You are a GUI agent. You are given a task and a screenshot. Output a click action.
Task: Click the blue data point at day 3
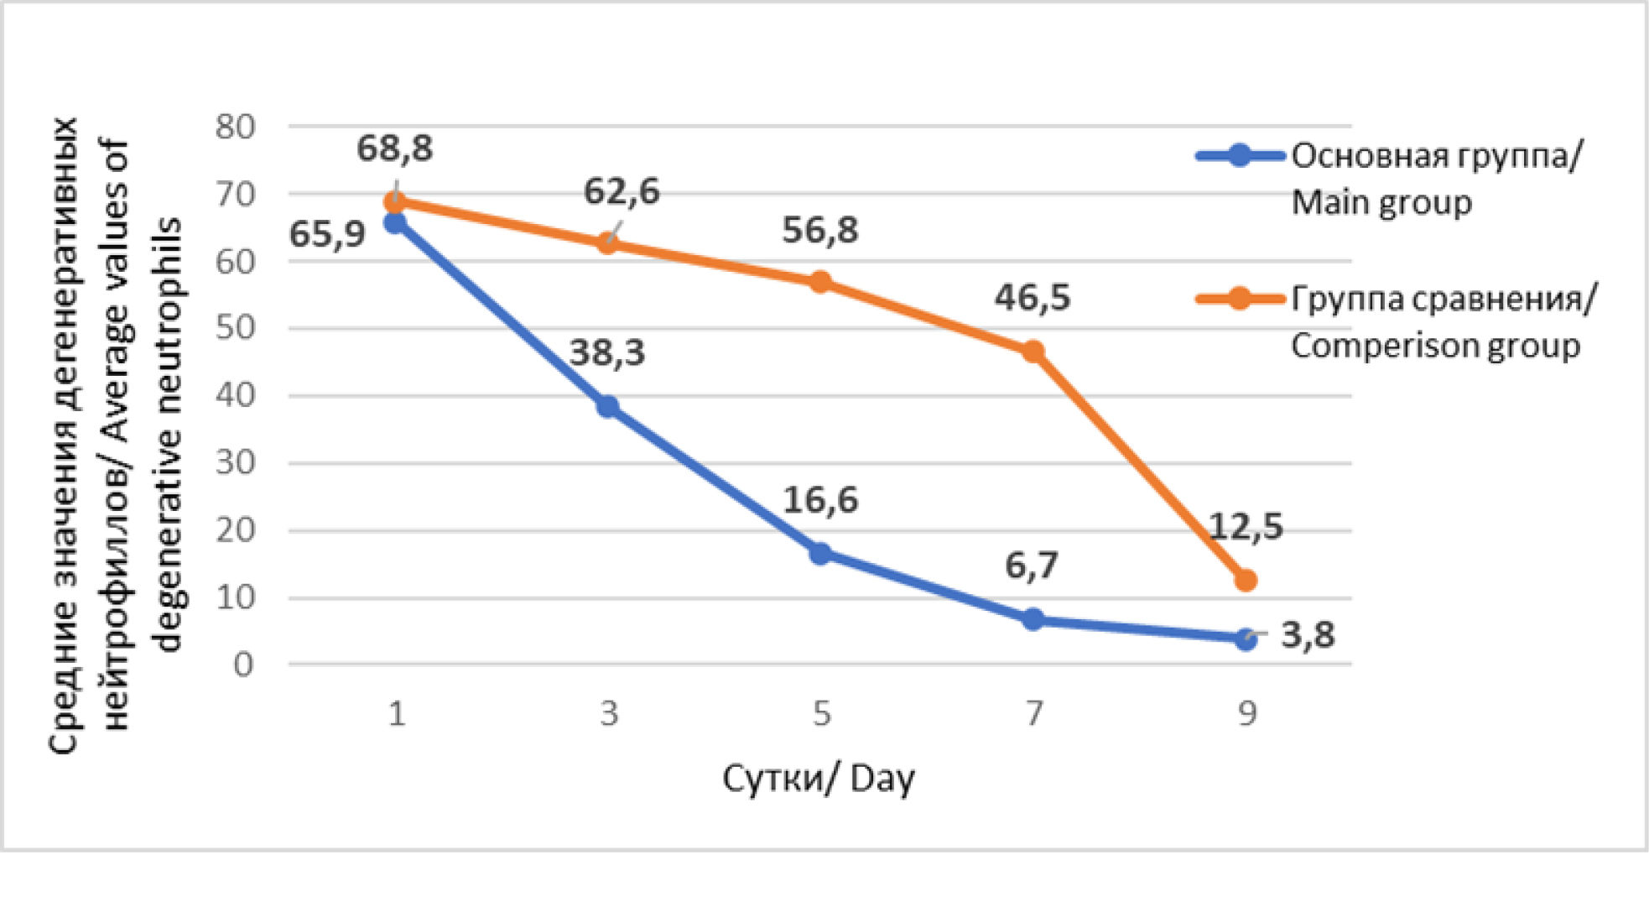[607, 408]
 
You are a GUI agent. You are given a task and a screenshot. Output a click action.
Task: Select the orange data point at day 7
[1033, 352]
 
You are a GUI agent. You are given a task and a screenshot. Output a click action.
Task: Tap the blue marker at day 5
[820, 553]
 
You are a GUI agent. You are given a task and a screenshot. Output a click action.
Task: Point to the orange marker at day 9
[1246, 581]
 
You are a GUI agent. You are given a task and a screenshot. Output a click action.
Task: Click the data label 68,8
[394, 149]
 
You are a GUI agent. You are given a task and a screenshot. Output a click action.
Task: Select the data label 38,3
[607, 353]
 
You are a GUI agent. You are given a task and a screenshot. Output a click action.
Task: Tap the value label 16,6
[820, 500]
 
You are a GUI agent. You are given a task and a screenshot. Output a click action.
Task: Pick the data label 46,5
[1033, 298]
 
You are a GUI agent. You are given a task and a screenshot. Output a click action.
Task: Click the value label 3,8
[1308, 635]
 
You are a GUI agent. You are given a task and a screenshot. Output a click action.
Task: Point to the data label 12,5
[1246, 527]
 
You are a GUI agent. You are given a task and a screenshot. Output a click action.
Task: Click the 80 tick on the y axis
[235, 128]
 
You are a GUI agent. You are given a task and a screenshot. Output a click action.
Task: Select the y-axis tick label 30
[235, 462]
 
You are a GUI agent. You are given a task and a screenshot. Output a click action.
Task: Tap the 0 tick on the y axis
[243, 665]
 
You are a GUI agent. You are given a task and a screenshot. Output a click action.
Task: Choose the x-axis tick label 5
[821, 714]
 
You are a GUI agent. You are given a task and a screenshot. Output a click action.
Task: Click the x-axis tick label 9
[1247, 714]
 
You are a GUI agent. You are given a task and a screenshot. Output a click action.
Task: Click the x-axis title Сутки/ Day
[818, 779]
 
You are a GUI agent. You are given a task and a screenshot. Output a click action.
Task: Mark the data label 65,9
[327, 234]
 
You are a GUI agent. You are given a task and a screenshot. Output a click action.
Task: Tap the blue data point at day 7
[1033, 620]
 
